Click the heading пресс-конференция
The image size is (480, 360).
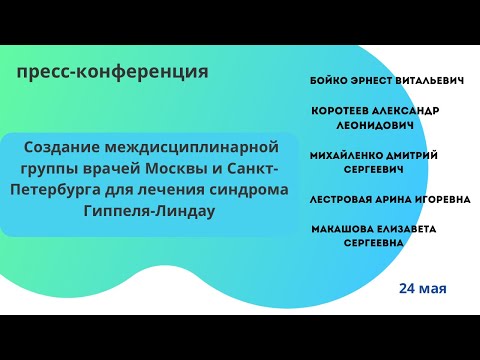coord(113,72)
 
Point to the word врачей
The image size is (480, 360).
coord(113,167)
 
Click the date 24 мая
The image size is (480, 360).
coord(422,288)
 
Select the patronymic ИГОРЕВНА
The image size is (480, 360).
coord(438,199)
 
